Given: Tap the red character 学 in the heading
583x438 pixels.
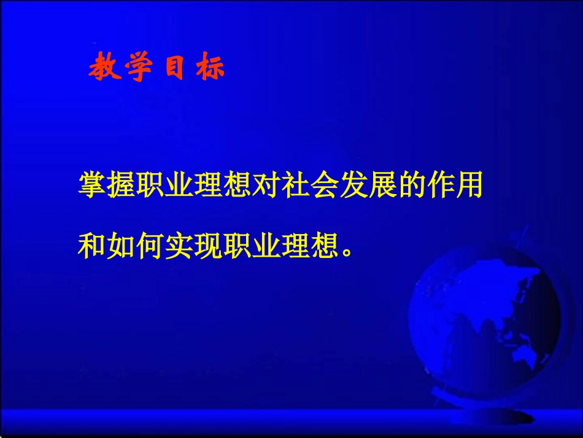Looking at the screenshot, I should pyautogui.click(x=138, y=69).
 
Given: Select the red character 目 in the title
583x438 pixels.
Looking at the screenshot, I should pyautogui.click(x=174, y=69).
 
